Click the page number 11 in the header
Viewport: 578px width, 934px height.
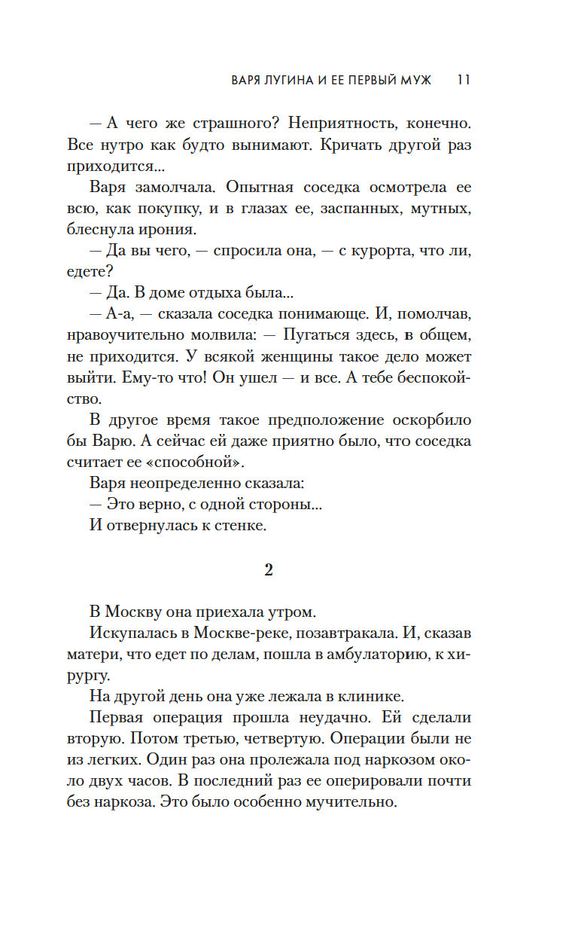click(464, 80)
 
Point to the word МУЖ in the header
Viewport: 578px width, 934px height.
click(415, 80)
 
